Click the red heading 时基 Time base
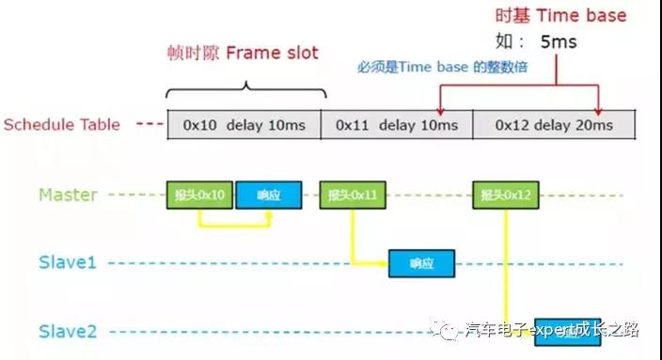click(x=560, y=16)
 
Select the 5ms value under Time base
click(x=558, y=42)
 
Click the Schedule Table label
click(x=62, y=124)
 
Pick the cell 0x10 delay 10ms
click(x=244, y=125)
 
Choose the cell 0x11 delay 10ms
click(x=396, y=125)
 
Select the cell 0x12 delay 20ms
click(x=553, y=125)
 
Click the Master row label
click(x=68, y=196)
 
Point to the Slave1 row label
click(x=68, y=262)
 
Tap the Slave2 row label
click(x=68, y=331)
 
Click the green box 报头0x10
click(x=199, y=196)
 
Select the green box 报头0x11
click(x=352, y=196)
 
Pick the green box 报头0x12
click(x=505, y=196)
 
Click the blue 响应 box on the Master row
click(x=270, y=196)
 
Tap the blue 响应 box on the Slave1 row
click(x=422, y=263)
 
